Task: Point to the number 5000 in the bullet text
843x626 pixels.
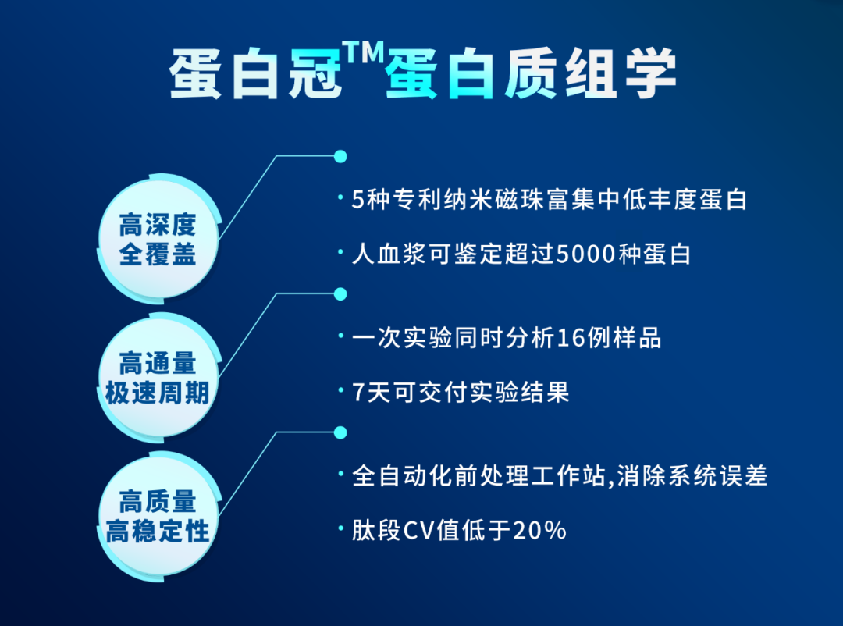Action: (585, 254)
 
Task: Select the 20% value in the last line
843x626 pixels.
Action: (539, 531)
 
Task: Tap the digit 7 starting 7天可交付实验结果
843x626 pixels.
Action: (360, 392)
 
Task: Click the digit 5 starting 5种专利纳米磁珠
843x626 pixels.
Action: (359, 200)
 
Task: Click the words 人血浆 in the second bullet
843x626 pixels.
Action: (389, 254)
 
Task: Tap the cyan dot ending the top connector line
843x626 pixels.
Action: (340, 156)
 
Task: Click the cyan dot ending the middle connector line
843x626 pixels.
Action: (340, 294)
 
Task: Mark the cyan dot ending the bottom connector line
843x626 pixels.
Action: (340, 432)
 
